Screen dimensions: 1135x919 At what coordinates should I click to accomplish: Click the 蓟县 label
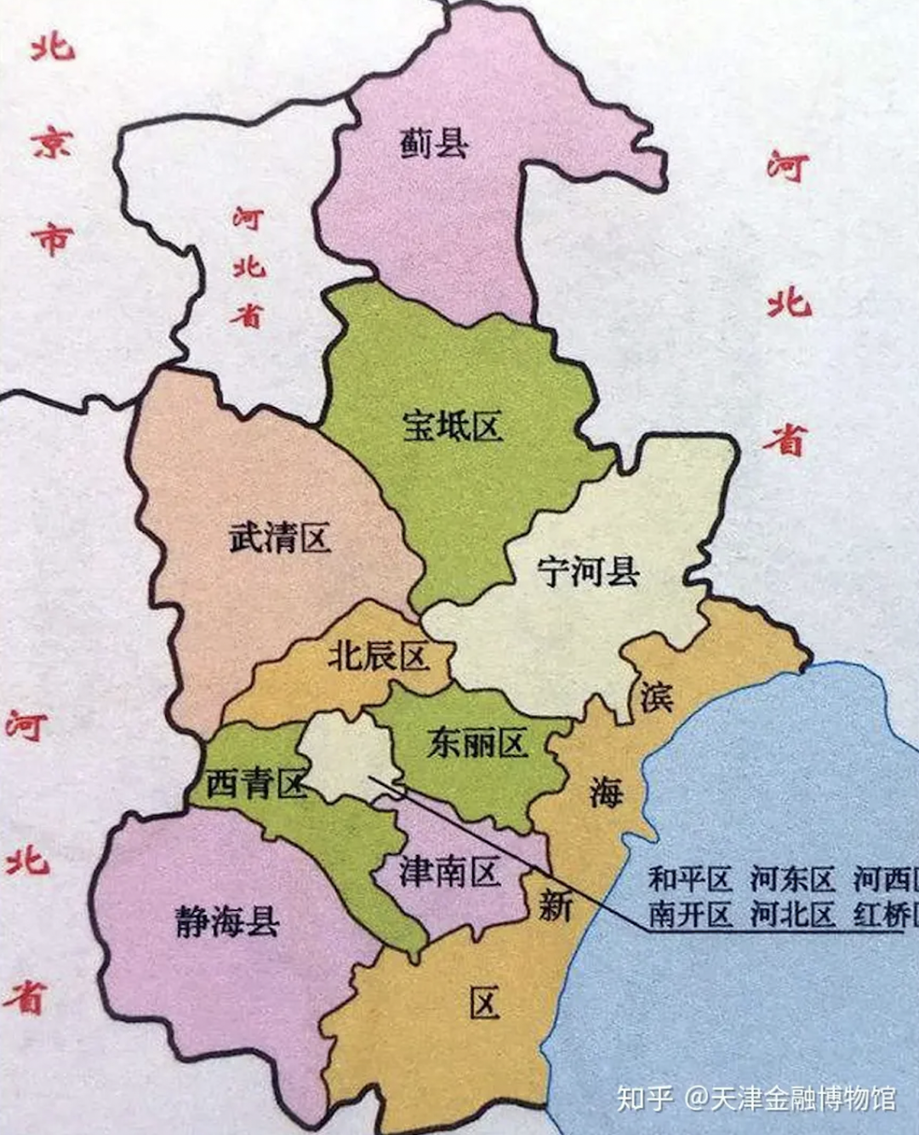[434, 142]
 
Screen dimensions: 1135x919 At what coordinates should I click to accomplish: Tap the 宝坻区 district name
[452, 426]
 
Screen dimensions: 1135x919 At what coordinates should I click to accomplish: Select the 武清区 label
[279, 538]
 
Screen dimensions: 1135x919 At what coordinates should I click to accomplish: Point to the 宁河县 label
[588, 571]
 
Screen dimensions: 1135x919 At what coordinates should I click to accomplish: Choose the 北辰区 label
[378, 656]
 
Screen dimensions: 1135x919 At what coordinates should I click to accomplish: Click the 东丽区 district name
[477, 743]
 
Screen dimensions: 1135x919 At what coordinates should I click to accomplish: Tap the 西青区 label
[255, 783]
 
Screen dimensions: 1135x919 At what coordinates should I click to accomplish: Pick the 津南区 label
[448, 872]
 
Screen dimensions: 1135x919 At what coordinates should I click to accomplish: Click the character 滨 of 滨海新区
[656, 697]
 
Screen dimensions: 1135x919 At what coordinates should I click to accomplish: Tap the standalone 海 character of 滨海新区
[606, 793]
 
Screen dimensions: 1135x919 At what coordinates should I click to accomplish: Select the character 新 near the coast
[555, 906]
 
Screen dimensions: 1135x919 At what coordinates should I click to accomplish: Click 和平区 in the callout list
[690, 879]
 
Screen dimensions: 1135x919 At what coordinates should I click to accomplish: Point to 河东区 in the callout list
[792, 879]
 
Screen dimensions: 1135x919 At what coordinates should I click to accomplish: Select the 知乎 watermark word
[645, 1098]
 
